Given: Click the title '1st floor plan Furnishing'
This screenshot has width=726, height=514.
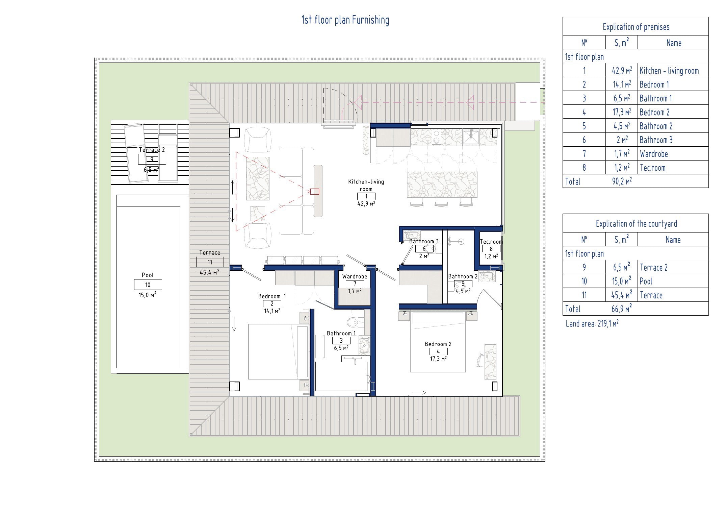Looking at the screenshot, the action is point(345,20).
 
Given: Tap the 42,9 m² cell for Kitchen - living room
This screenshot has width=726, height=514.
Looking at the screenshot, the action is point(622,70).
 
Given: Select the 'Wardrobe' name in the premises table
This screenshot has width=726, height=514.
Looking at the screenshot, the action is point(654,154).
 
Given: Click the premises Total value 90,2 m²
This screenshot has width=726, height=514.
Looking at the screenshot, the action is point(622,181).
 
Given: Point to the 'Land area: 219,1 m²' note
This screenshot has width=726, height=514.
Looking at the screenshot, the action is point(592,323).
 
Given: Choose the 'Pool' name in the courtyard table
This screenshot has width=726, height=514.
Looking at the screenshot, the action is point(646,281).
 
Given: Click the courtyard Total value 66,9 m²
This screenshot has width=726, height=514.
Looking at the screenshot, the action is point(622,309).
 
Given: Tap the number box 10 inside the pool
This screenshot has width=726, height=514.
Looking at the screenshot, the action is point(148,285).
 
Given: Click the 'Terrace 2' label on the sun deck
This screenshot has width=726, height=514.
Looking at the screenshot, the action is point(152,150).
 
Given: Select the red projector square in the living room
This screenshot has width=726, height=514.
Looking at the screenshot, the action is point(314,192).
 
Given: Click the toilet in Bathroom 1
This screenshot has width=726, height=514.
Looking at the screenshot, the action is point(352,322).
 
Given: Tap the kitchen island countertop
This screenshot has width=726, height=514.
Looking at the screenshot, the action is point(442,185).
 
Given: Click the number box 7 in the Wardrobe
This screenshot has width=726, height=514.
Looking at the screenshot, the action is point(355,284).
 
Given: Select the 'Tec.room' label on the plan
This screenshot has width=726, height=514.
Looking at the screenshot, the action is point(491,242).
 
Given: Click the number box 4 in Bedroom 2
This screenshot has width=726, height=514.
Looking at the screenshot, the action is point(438,351).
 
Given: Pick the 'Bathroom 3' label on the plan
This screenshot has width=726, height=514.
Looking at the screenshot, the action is point(424,241).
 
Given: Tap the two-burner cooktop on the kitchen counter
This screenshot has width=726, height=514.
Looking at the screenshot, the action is point(436,137).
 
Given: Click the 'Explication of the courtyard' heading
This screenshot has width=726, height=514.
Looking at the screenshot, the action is point(636,224).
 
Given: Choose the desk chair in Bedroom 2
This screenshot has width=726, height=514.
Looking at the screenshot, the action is point(481,360).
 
